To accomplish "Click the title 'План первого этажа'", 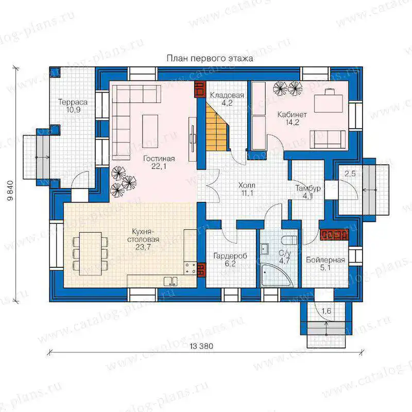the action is click(210, 58).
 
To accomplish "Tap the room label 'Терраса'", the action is click(73, 102).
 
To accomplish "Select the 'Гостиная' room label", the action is click(159, 159).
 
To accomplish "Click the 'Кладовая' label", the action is click(227, 95).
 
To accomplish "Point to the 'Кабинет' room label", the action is click(292, 115).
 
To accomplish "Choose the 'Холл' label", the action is click(247, 185).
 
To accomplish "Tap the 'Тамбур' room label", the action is click(308, 188).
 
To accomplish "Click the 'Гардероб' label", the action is click(230, 255).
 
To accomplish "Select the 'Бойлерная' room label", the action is click(325, 260).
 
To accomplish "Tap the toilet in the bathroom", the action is click(289, 240).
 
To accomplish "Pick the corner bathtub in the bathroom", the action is click(276, 275).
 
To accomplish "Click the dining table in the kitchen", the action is click(91, 253).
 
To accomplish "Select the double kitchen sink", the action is click(170, 281).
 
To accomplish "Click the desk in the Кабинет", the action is click(329, 104).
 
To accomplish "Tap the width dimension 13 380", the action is click(201, 346).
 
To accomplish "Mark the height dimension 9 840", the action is click(10, 190).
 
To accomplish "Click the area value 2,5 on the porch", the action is click(350, 174).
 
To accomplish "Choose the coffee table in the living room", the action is click(150, 128).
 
